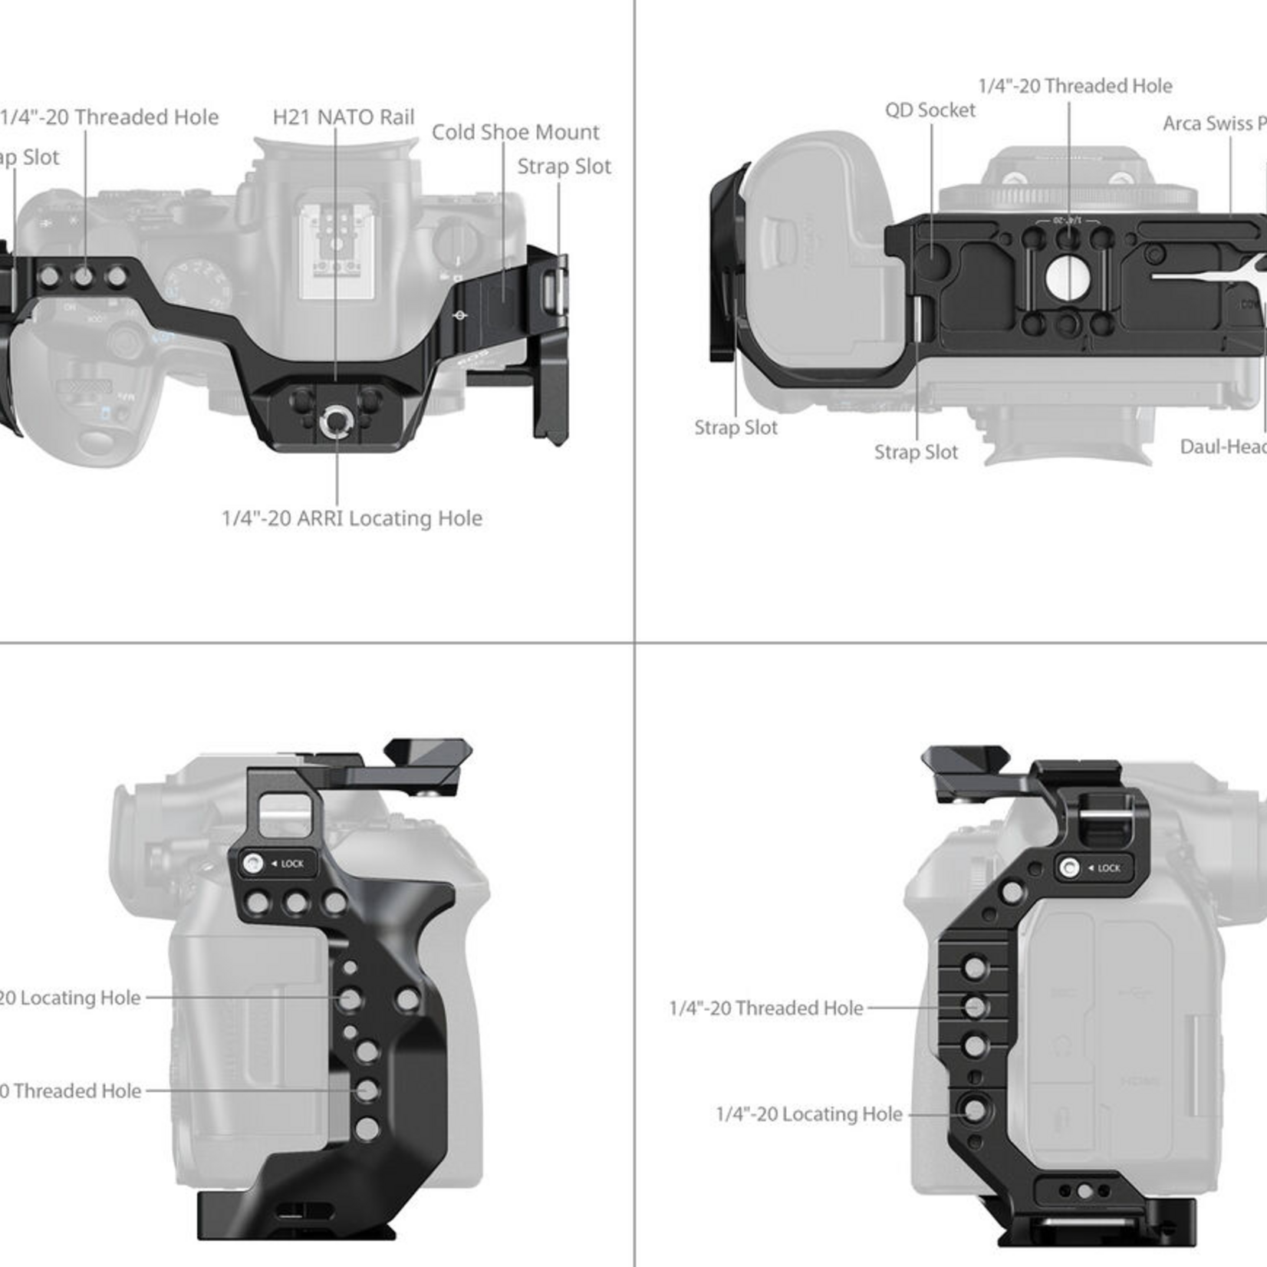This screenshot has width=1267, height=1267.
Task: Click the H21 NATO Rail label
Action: tap(343, 117)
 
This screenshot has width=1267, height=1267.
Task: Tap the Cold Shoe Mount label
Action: tap(515, 133)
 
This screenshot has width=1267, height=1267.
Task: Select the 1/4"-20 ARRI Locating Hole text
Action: tap(351, 518)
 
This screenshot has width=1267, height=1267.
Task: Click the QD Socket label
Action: tap(930, 110)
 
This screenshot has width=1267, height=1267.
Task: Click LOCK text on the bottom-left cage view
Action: tap(291, 864)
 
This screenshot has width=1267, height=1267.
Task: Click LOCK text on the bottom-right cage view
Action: tap(1108, 868)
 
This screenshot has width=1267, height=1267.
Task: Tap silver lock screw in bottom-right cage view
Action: tap(1069, 868)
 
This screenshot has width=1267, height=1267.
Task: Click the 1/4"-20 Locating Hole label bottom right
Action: tap(808, 1114)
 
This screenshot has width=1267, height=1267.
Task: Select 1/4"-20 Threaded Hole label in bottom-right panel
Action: tap(765, 1008)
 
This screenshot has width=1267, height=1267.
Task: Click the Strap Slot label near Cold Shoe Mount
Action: tap(564, 166)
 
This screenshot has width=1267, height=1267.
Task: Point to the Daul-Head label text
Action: tap(1223, 447)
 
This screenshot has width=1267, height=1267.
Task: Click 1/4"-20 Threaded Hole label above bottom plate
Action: tap(1074, 86)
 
